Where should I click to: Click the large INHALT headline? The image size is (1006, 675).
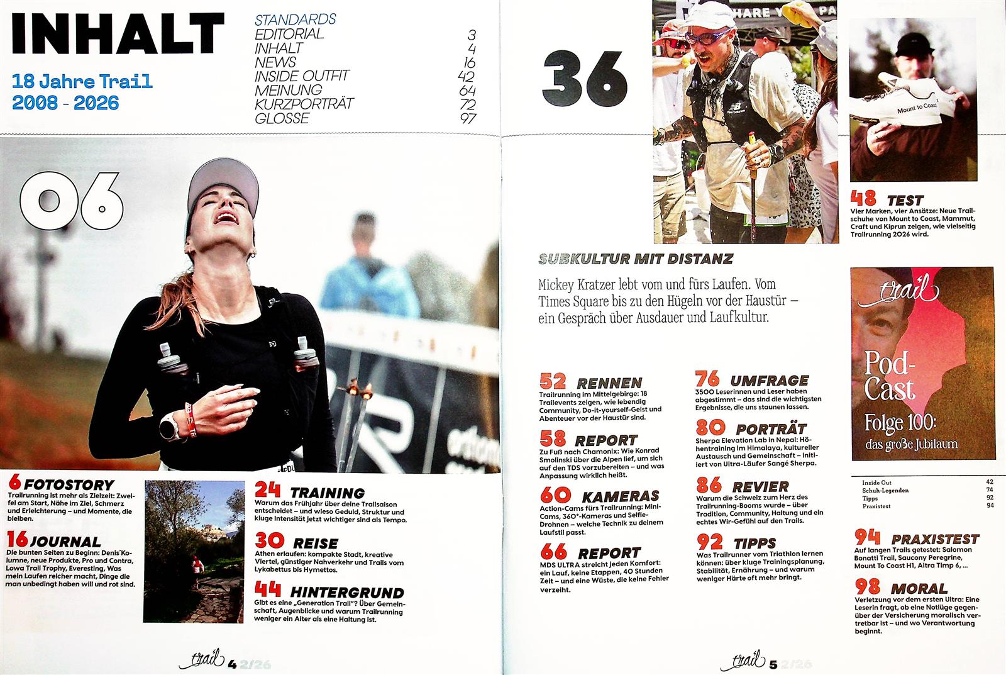[x=118, y=33]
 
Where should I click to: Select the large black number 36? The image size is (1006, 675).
[x=585, y=79]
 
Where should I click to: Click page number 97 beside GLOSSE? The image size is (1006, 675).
[x=468, y=118]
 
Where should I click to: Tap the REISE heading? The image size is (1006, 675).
[x=315, y=543]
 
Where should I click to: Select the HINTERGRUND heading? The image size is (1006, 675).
[x=346, y=593]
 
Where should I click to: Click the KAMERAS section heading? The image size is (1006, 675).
[x=620, y=496]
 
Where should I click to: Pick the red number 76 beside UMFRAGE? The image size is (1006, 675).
[x=707, y=379]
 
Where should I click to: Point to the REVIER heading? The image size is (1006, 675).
[x=760, y=486]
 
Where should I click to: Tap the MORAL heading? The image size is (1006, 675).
[x=919, y=589]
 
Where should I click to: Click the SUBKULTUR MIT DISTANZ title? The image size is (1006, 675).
[x=636, y=259]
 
